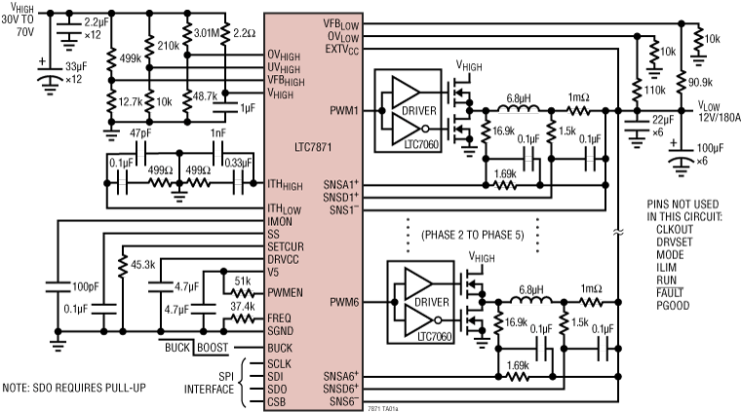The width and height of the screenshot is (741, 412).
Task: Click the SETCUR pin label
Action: [x=290, y=247]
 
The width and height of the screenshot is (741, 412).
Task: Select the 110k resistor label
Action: [x=651, y=91]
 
